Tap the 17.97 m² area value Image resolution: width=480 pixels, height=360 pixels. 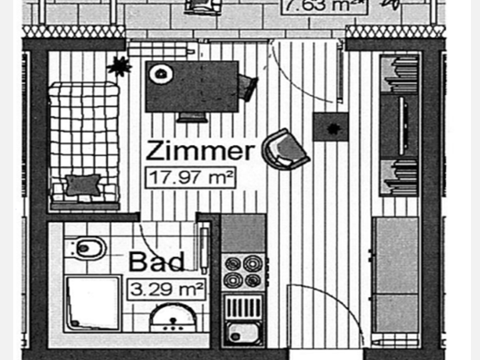tap(190, 176)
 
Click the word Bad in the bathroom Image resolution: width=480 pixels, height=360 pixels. tap(156, 261)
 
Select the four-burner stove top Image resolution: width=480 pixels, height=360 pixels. tap(243, 270)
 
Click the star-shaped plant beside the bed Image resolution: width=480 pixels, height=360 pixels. tap(119, 66)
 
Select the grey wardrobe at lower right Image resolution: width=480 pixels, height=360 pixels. tap(397, 274)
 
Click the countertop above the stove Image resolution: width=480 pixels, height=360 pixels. tap(243, 233)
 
